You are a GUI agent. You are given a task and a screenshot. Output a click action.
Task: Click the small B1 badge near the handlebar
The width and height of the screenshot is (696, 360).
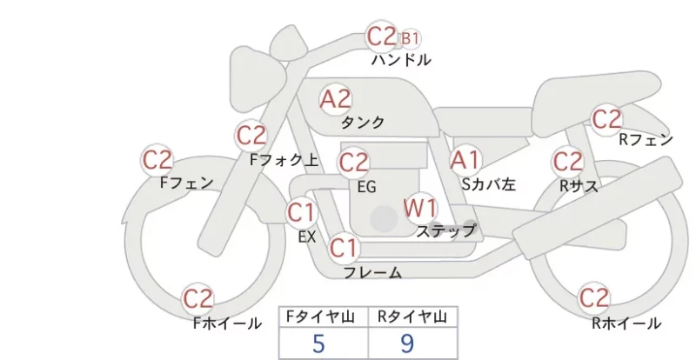tap(410, 38)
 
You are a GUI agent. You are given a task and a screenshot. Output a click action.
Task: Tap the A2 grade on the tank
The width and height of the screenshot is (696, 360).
tap(336, 99)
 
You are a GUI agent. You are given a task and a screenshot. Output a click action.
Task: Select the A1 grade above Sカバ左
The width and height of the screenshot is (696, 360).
tap(465, 160)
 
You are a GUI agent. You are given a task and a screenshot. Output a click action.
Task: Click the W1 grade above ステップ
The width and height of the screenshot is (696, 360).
tap(420, 207)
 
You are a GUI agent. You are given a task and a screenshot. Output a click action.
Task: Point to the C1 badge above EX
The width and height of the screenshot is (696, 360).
tap(301, 213)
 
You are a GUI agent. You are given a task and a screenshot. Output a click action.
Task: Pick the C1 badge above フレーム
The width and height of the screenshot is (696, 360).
tap(344, 248)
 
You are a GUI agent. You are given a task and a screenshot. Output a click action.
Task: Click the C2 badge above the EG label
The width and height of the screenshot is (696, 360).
tap(353, 163)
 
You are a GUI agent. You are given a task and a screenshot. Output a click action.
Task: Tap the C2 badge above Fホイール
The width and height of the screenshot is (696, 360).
tap(198, 299)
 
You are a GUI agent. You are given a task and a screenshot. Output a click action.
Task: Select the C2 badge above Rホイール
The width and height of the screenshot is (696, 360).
tap(593, 297)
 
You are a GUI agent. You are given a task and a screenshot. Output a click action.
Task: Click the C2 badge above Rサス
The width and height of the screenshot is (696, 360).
tap(568, 162)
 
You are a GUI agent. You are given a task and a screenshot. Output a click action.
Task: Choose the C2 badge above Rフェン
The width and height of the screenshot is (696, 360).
tap(606, 119)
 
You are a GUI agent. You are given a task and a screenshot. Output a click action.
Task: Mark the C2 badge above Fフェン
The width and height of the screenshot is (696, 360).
tap(157, 159)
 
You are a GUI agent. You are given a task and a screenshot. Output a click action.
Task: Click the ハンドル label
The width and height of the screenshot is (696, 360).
tap(401, 59)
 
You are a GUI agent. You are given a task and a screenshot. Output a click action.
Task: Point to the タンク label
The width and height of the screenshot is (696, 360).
tap(362, 122)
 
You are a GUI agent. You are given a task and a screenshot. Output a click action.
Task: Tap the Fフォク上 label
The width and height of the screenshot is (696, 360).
tap(284, 160)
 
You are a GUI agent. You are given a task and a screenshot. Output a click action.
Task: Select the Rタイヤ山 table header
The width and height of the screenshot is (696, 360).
tap(412, 317)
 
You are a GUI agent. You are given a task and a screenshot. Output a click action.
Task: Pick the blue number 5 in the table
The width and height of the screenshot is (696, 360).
tap(318, 343)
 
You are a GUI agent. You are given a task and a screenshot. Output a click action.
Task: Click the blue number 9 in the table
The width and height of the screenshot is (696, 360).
tap(407, 343)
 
